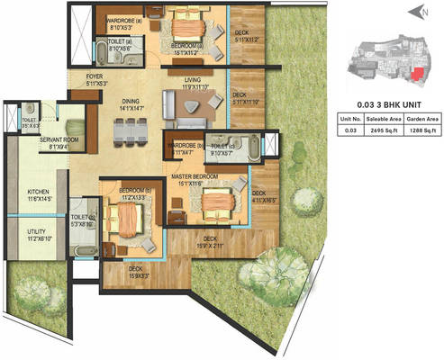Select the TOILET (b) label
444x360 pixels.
80,216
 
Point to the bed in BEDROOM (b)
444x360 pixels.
122,220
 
